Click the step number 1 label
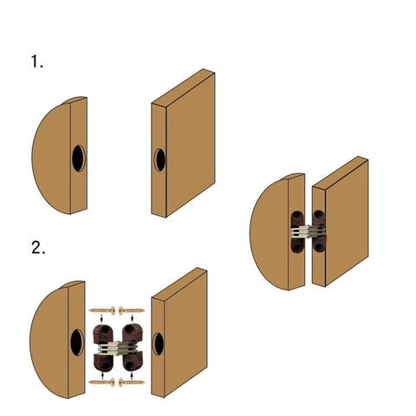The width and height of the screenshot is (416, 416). [36, 62]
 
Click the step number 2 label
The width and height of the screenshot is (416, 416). [37, 248]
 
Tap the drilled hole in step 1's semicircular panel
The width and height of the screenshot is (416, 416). [77, 158]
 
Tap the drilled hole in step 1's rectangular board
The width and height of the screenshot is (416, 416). [159, 159]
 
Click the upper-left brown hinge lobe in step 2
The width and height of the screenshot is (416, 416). [101, 331]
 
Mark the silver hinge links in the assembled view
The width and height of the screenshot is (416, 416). [307, 231]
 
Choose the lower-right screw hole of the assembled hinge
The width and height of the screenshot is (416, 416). [320, 247]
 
